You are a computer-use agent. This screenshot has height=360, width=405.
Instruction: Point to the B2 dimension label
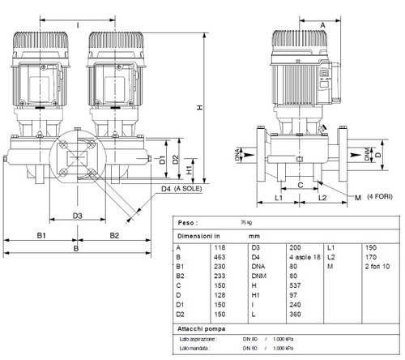click(113, 234)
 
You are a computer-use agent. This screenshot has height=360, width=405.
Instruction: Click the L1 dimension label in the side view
click(277, 197)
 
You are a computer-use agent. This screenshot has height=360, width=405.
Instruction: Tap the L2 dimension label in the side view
click(321, 197)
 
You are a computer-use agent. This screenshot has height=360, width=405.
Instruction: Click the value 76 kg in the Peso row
click(245, 221)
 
